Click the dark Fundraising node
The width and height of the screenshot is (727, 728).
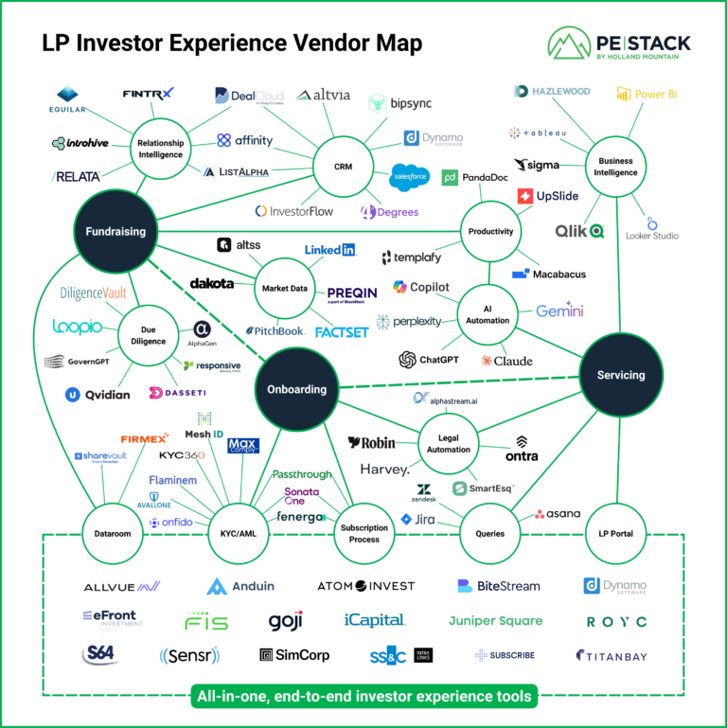click(x=115, y=231)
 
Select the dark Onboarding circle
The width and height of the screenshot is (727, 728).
click(x=297, y=389)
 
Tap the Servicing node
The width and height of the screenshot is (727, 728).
click(x=621, y=375)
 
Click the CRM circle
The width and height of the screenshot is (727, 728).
click(x=344, y=168)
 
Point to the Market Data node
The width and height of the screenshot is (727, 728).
click(x=285, y=288)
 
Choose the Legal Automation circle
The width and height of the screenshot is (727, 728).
click(x=449, y=444)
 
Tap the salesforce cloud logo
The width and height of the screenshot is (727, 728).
click(x=410, y=176)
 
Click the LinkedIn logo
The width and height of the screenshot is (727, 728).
click(x=329, y=250)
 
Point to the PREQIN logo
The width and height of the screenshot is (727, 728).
click(x=352, y=295)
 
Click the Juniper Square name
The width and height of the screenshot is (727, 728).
click(x=495, y=621)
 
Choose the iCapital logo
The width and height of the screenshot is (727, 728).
click(x=375, y=620)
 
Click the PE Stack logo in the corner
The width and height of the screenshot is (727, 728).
click(x=619, y=45)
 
